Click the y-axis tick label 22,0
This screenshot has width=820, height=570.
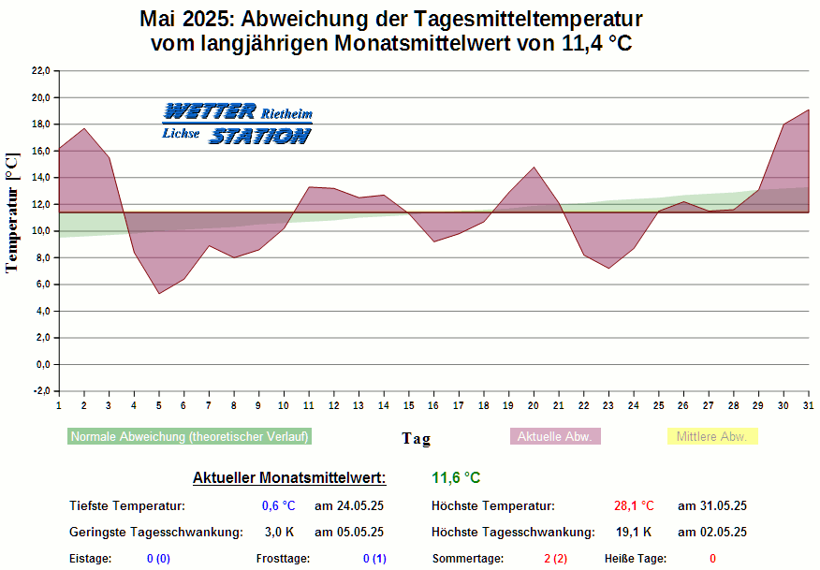click(x=40, y=71)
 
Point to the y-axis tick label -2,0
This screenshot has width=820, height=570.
click(x=40, y=391)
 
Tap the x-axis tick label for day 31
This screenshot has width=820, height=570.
click(x=809, y=404)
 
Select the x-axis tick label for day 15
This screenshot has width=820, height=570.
click(x=409, y=404)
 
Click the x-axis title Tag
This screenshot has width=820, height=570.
click(x=417, y=438)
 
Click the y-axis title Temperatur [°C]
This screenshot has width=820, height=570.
click(x=12, y=212)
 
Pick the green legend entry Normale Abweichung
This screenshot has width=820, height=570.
click(x=190, y=436)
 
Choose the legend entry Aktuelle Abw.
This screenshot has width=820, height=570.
click(x=555, y=436)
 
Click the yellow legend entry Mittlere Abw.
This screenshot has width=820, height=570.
click(x=711, y=436)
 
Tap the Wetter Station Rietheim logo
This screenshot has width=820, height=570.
click(x=237, y=124)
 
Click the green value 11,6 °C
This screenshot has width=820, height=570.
click(x=456, y=478)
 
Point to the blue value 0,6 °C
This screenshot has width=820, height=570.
click(x=279, y=506)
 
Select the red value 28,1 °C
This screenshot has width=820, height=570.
click(x=634, y=506)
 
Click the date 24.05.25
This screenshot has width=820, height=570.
click(x=349, y=506)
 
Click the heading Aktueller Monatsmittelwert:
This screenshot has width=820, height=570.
click(x=289, y=478)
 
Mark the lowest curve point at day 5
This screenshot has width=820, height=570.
click(x=159, y=293)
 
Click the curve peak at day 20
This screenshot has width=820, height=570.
click(x=534, y=168)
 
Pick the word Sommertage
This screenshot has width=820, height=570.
click(x=467, y=559)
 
